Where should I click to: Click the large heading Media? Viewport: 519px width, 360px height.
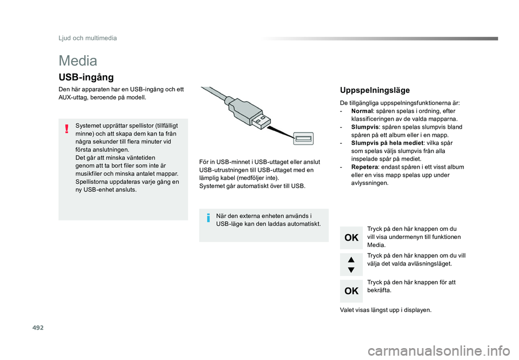(78, 61)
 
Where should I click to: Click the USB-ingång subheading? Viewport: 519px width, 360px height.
(86, 78)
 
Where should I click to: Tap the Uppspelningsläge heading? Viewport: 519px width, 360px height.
(374, 90)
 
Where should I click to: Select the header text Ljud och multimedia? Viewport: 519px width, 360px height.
(88, 38)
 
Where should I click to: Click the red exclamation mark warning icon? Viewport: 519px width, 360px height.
(66, 129)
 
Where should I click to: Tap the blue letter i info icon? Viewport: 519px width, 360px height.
(208, 218)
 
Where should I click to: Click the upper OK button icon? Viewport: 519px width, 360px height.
(351, 237)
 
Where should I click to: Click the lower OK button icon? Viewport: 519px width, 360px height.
(351, 291)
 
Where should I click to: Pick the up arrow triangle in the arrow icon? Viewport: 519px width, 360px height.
(351, 259)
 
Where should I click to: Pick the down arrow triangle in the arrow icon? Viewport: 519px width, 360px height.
(351, 270)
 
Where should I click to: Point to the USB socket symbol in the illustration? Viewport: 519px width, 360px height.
(303, 139)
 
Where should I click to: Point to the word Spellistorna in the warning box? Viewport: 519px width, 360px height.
(92, 182)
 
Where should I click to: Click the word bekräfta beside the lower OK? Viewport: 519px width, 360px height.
(378, 290)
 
